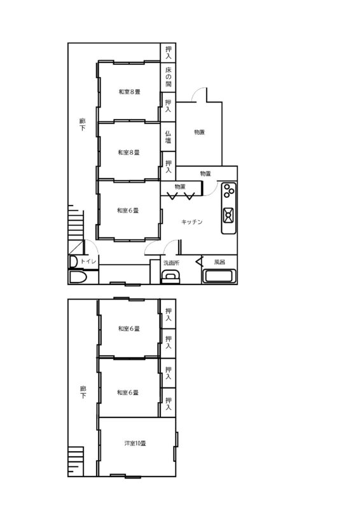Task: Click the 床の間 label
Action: tap(168, 77)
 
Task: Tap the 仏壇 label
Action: tap(168, 137)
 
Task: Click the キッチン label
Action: tap(192, 222)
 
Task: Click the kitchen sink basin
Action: tap(228, 215)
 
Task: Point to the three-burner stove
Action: tap(229, 191)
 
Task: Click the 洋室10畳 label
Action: tap(135, 443)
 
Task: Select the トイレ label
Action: tap(88, 261)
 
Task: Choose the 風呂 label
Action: tap(219, 261)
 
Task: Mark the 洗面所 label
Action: tap(171, 263)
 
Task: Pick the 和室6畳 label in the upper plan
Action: tap(128, 211)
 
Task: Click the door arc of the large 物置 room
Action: tap(198, 93)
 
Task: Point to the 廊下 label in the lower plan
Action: tap(83, 392)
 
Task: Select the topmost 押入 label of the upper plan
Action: tap(168, 53)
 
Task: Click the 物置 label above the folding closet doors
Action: tap(180, 186)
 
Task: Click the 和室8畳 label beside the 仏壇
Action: tap(129, 152)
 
